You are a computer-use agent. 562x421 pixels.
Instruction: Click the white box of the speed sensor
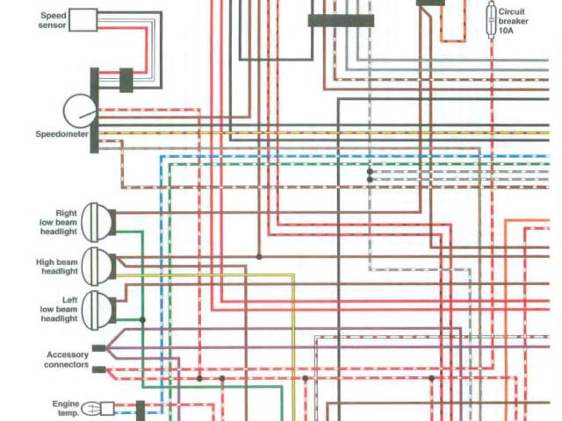(x=83, y=19)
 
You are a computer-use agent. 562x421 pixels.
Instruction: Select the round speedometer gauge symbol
(x=79, y=111)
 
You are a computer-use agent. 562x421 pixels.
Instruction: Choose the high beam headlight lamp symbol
(x=99, y=262)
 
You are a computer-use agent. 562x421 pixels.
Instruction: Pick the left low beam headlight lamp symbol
(x=99, y=307)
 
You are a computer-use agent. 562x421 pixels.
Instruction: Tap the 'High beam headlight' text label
(x=57, y=267)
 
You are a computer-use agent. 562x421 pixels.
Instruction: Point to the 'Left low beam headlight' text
(x=58, y=309)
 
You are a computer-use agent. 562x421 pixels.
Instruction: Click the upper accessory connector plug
(x=98, y=348)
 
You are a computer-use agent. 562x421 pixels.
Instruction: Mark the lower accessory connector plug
(x=98, y=369)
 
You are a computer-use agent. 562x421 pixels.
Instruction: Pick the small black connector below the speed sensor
(x=126, y=79)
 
